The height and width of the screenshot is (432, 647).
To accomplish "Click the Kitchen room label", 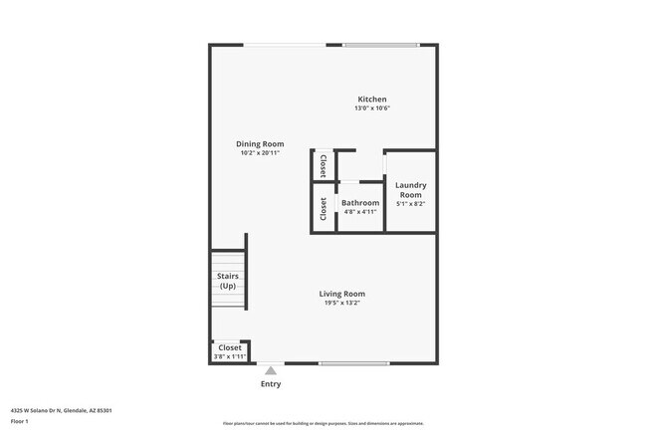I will click(372, 100).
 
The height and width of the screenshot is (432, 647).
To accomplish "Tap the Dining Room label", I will click(261, 144).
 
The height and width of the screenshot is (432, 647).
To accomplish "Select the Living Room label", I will click(341, 294).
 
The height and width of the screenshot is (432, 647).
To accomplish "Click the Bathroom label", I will click(360, 202).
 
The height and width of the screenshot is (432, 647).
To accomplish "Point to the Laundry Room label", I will click(410, 189).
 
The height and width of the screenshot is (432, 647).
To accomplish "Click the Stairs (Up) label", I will click(227, 281).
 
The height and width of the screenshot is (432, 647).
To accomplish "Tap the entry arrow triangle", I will click(270, 370).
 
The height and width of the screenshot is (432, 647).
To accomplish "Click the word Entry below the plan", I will click(270, 384).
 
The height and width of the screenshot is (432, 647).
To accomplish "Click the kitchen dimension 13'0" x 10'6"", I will click(372, 108).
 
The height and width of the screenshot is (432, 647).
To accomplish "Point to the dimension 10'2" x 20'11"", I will click(261, 153).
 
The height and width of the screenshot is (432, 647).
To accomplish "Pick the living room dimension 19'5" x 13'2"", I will click(341, 303).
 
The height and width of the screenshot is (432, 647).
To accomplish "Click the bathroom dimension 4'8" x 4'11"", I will click(360, 211).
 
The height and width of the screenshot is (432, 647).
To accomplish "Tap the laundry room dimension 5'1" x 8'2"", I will click(410, 203).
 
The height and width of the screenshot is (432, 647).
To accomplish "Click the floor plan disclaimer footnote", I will click(323, 423).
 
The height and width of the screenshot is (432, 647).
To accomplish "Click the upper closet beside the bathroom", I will click(323, 165).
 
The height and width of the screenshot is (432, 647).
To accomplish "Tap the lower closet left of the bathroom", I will click(323, 208).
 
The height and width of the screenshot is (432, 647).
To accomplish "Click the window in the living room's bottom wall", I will click(353, 363).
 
